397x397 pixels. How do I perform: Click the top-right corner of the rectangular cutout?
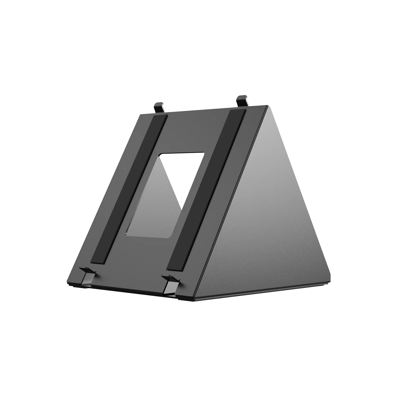click(203, 153)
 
